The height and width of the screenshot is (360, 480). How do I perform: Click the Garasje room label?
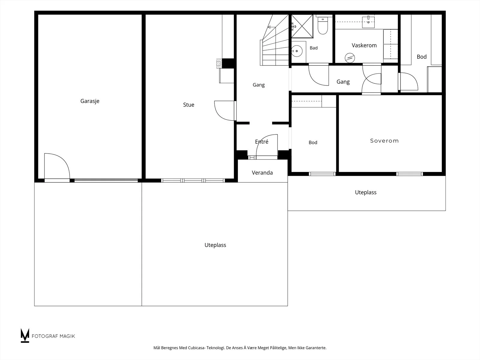[x=90, y=101]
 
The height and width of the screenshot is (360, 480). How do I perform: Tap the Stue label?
[x=188, y=105]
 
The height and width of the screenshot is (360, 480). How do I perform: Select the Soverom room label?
[x=384, y=141]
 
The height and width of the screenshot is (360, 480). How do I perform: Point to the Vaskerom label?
[x=364, y=46]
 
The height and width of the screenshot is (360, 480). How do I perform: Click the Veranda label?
[x=262, y=173]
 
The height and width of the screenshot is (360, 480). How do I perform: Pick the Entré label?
[x=262, y=142]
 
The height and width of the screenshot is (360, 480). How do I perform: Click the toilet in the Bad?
[x=322, y=26]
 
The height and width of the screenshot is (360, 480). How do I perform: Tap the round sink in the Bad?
[x=297, y=51]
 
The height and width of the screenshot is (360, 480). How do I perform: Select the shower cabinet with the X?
[x=302, y=26]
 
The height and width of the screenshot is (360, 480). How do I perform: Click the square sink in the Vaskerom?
[x=368, y=22]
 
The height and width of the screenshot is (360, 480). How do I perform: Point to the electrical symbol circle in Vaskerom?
[x=350, y=58]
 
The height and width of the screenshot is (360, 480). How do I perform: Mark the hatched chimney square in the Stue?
[x=219, y=63]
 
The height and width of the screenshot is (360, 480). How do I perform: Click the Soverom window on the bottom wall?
[x=409, y=174]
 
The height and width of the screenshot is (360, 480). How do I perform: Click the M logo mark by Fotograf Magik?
[x=25, y=335]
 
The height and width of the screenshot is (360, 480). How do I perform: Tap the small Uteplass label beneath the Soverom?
[x=366, y=193]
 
